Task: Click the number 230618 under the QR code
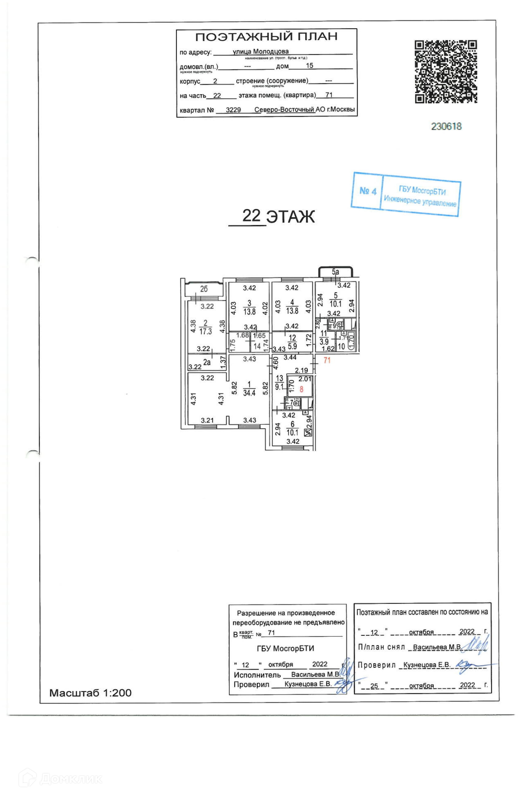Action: point(446,126)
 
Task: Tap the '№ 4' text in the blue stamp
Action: point(368,191)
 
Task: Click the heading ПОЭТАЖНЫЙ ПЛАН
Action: point(266,37)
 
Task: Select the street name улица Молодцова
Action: point(261,52)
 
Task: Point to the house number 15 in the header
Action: point(309,65)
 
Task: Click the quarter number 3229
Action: point(233,110)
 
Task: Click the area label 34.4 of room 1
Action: point(249,392)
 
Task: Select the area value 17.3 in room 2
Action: point(206,331)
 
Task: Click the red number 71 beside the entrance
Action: point(327,360)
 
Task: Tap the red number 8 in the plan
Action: point(301,389)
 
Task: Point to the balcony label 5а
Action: point(335,272)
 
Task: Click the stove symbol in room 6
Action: point(307,432)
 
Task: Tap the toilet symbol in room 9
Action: point(339,325)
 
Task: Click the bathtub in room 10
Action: point(351,340)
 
